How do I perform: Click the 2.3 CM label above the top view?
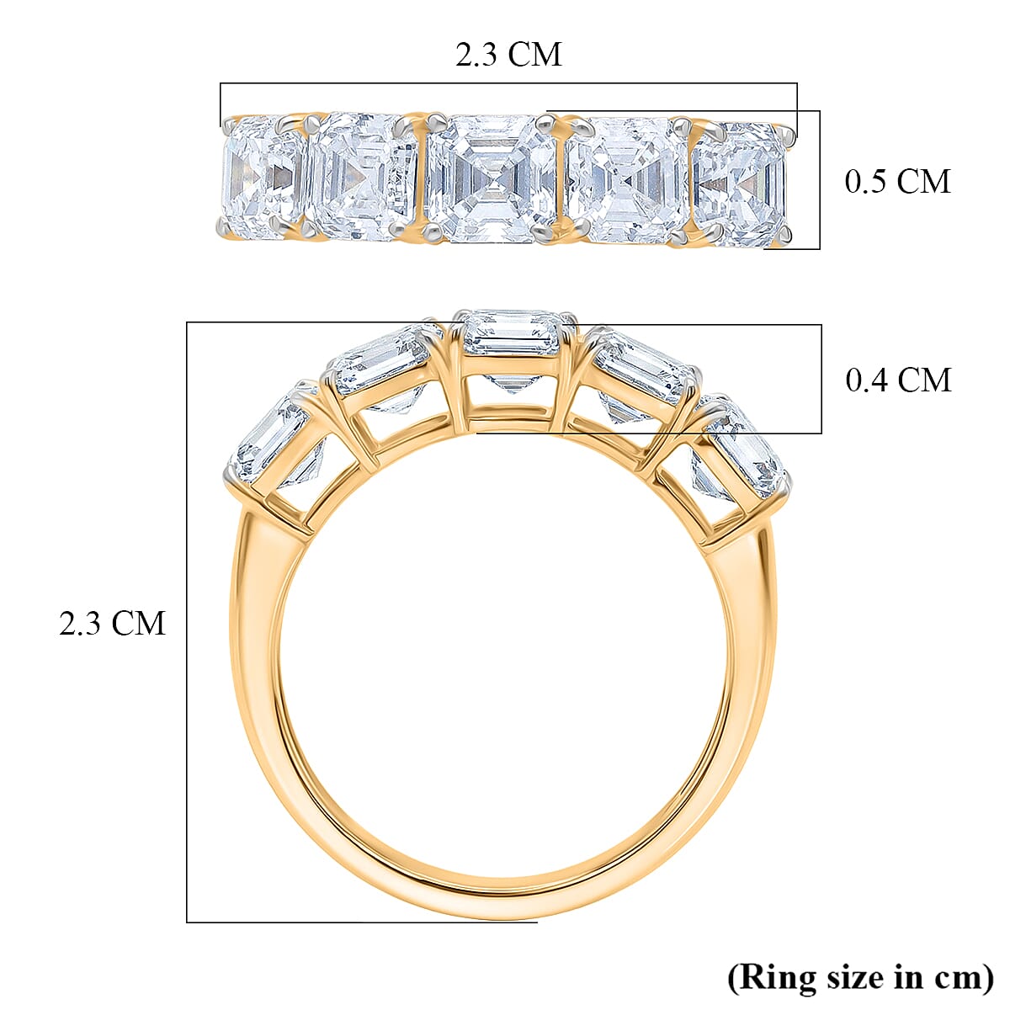pos(508,55)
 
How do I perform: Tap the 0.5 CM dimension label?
pos(897,181)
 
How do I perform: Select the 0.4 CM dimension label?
pos(897,380)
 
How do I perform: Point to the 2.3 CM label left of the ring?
pos(112,624)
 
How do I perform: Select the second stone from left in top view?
pos(362,178)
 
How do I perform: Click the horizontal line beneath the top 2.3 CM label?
pos(508,83)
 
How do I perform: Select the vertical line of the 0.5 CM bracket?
pos(819,180)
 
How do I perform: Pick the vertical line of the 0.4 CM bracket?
pos(821,379)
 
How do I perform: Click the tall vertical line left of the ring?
pos(187,623)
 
